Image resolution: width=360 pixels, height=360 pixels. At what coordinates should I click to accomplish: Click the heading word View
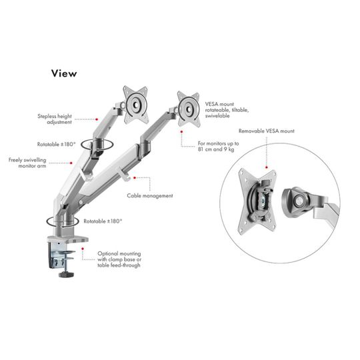[64, 73]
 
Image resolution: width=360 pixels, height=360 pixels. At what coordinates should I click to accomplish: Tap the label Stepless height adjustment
[55, 119]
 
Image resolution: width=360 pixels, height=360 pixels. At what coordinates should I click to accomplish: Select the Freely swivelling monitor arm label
[27, 163]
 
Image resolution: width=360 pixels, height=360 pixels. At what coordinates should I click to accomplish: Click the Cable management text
[150, 195]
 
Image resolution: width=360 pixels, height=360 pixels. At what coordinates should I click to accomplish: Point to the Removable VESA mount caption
[266, 131]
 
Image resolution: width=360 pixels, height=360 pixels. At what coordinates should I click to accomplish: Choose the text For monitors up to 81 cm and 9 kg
[219, 146]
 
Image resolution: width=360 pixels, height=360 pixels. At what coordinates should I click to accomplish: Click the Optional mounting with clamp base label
[119, 259]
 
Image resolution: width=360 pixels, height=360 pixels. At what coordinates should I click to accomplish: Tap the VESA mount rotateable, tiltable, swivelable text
[227, 110]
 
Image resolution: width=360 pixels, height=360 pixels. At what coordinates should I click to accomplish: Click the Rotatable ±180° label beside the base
[103, 221]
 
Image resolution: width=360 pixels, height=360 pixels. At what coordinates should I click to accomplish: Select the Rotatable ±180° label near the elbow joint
[56, 145]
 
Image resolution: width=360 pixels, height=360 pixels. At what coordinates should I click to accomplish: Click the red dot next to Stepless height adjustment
[97, 119]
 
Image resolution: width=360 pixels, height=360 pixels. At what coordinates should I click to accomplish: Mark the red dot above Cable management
[135, 178]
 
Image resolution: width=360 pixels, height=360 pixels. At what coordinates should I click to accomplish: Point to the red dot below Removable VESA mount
[267, 167]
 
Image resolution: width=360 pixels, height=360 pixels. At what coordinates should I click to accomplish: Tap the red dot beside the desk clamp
[83, 249]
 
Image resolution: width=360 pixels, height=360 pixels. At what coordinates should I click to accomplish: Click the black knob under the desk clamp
[67, 275]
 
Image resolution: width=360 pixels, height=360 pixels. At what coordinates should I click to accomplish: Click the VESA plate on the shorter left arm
[135, 105]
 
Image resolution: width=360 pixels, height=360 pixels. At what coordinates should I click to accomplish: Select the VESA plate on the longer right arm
[189, 109]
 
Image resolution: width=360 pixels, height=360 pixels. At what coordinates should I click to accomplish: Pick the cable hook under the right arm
[123, 175]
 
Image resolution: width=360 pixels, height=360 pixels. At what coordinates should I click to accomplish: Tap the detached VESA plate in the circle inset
[257, 201]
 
